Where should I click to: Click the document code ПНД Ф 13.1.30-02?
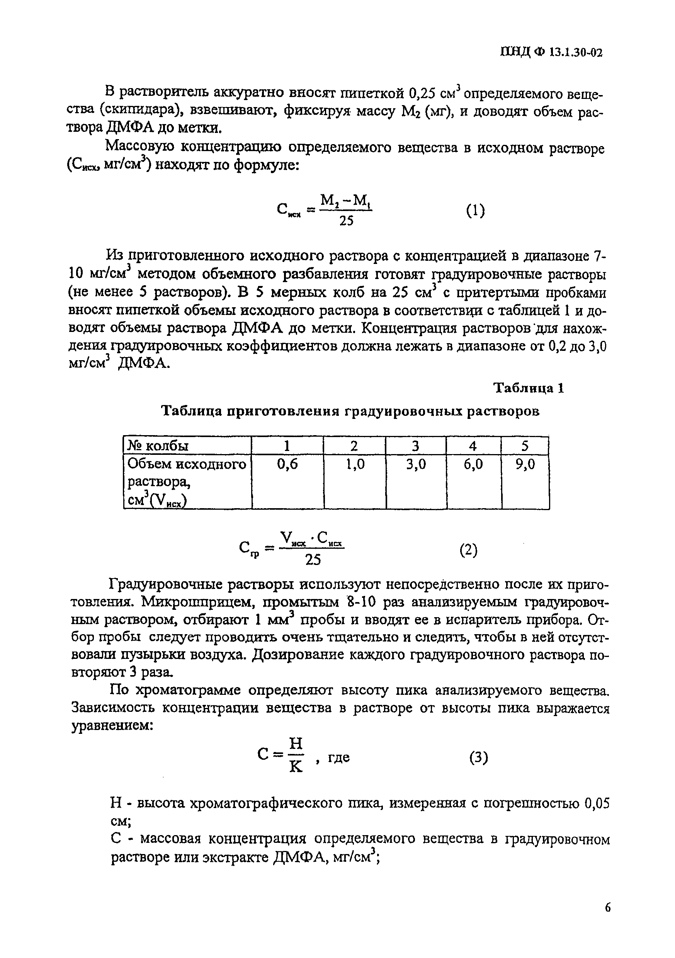tap(551, 53)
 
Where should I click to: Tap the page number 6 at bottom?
tap(607, 907)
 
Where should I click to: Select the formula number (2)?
tap(469, 550)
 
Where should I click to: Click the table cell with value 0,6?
tap(287, 464)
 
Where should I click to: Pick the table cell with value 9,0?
tap(525, 464)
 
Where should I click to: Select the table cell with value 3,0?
tap(416, 464)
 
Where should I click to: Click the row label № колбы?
tap(158, 446)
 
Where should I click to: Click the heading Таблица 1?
tap(529, 388)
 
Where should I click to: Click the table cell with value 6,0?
tap(473, 464)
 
